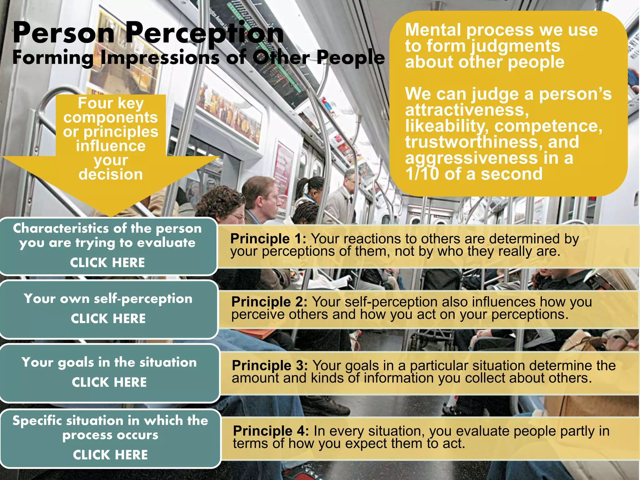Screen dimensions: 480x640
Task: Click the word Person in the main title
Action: tap(64, 33)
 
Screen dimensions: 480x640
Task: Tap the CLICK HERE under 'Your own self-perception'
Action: tap(108, 319)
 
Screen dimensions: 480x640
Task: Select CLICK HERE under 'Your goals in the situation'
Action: tap(109, 382)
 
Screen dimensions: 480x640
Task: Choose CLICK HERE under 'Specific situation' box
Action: tap(110, 455)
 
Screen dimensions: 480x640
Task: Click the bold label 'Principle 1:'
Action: tap(268, 239)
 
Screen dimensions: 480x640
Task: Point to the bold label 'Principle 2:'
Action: tap(269, 302)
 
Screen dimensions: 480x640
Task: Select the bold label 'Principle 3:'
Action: tap(270, 366)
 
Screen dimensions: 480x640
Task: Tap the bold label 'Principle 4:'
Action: tap(271, 431)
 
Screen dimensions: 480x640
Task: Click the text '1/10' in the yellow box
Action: tap(422, 174)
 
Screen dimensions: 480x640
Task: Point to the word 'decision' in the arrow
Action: tap(111, 174)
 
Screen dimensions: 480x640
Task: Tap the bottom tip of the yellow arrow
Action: tap(111, 216)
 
